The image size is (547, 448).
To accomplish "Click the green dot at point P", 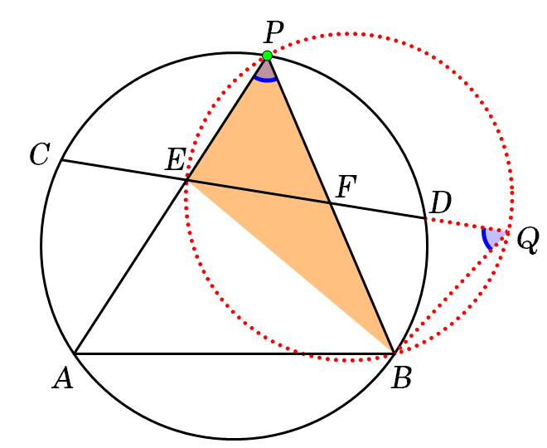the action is point(267,56).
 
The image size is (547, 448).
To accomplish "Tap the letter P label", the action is point(273,32).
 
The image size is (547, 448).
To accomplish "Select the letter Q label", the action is point(528,241).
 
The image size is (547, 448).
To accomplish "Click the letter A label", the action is point(63,378).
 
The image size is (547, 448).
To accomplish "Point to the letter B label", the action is point(401,378).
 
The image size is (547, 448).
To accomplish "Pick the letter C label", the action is point(40,153).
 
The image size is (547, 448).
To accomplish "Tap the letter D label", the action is point(441,202).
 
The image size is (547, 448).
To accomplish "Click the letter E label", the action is point(176,159).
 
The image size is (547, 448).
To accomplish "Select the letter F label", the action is point(346,187).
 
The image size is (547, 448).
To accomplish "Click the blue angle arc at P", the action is point(265,80).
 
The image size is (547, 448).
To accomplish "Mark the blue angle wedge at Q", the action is point(493,237).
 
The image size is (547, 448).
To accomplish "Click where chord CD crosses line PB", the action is point(329,202).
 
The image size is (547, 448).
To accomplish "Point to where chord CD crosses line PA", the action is point(187,180).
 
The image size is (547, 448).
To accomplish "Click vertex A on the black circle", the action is point(75,353).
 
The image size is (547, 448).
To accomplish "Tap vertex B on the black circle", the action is point(395,353).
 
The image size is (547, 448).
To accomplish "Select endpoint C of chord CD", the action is point(61,160).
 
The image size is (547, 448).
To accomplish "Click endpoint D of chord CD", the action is point(426,218).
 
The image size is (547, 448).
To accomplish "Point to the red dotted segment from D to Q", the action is point(466,226).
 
